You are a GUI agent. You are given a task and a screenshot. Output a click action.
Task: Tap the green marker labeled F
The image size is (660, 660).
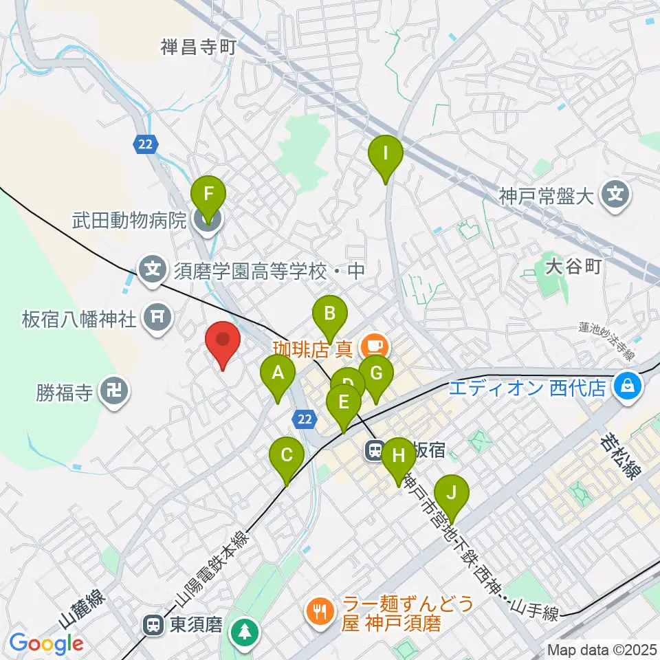click(x=209, y=195)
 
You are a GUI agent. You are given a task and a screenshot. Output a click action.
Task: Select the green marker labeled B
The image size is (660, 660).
click(x=330, y=315)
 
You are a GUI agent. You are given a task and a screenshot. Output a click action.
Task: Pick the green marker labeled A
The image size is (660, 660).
click(x=278, y=374)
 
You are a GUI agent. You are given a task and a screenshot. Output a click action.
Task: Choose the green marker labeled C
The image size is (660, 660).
click(x=287, y=455)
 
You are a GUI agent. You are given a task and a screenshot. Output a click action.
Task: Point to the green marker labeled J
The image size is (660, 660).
click(x=451, y=494)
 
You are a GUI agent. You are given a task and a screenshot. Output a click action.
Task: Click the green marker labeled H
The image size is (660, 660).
click(x=398, y=455)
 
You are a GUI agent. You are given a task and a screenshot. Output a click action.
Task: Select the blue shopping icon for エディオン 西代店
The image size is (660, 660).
click(x=628, y=388)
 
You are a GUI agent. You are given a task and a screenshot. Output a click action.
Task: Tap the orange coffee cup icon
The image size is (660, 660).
click(x=373, y=342)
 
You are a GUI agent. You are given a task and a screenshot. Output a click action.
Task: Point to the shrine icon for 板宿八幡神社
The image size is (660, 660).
click(x=157, y=316)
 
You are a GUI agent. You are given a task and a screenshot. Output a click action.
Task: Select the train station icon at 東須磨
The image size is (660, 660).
click(x=153, y=625)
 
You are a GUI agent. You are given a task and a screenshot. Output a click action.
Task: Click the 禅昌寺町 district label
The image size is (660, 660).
click(x=199, y=47)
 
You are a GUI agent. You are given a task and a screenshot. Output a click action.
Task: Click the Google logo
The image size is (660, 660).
click(x=46, y=644)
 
